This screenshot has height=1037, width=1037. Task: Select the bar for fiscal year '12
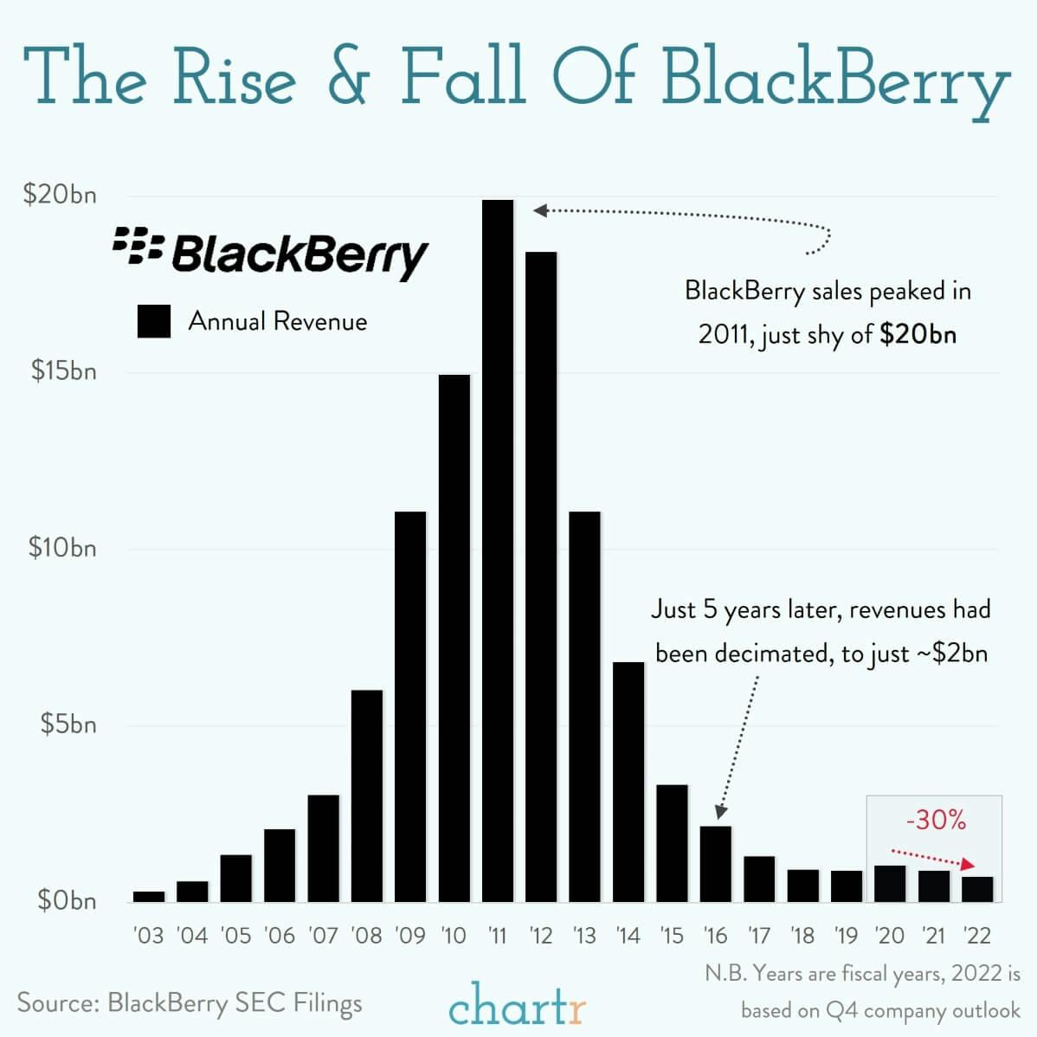[x=541, y=576]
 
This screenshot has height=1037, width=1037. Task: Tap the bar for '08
[x=367, y=795]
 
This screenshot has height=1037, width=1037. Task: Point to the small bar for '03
[x=149, y=897]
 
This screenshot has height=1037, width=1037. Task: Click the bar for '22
[x=977, y=890]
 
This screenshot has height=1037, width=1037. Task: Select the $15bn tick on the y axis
[x=63, y=371]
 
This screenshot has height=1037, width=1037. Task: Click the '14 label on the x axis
[x=628, y=936]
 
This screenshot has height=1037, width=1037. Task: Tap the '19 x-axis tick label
[x=846, y=936]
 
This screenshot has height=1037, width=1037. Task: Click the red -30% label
[x=935, y=820]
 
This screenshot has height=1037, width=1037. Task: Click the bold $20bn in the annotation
[x=918, y=335]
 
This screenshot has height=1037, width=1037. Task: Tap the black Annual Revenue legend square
[x=154, y=321]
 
